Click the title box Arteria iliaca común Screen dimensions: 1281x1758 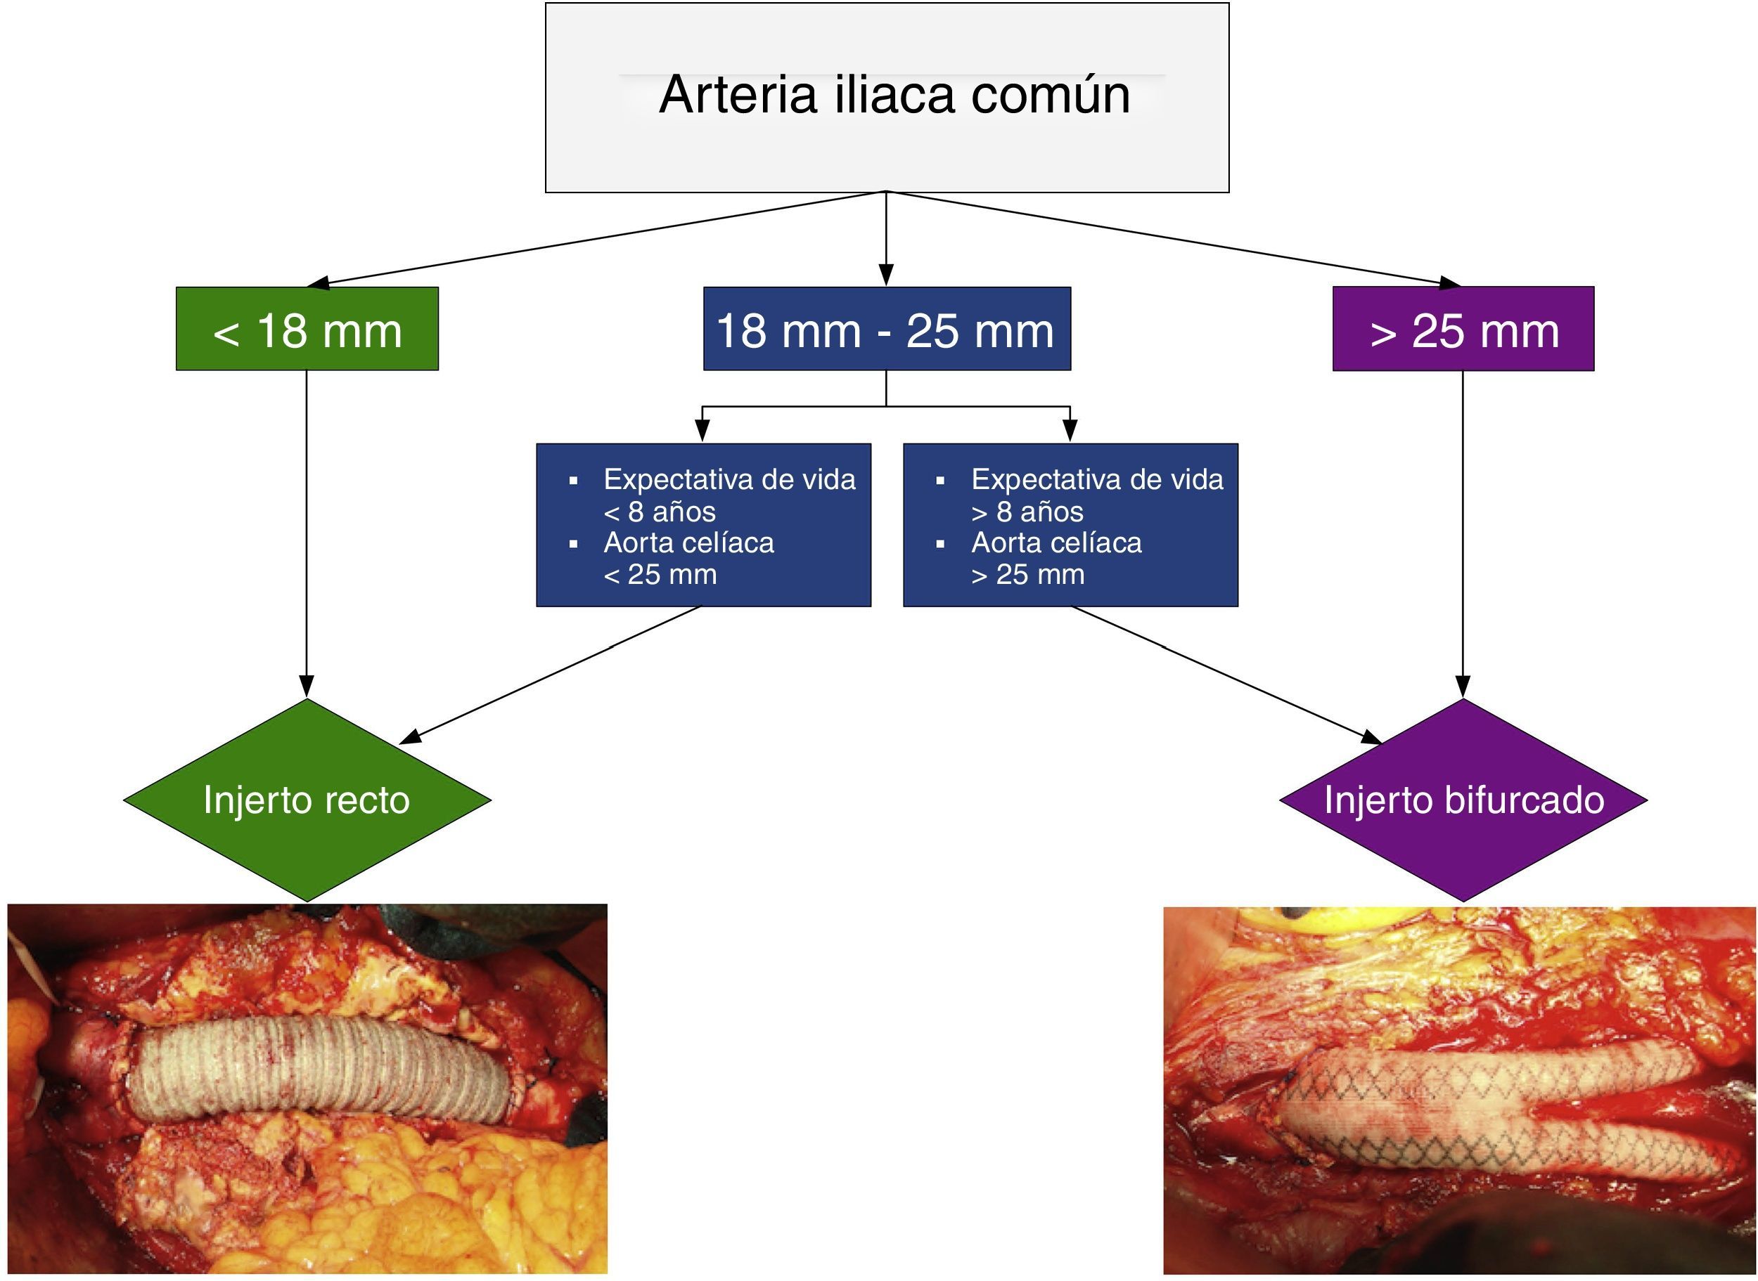(x=887, y=98)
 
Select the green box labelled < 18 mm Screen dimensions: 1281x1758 (x=307, y=329)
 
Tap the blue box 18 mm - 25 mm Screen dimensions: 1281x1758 (x=887, y=329)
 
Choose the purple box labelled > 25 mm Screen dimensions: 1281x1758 (x=1463, y=329)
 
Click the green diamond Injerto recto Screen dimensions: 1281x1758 (x=307, y=800)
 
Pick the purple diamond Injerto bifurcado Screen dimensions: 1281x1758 (x=1463, y=800)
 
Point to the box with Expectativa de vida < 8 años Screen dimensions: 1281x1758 (x=704, y=525)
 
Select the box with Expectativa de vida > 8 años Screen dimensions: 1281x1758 (x=1071, y=525)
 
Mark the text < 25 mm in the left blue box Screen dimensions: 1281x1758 (x=660, y=575)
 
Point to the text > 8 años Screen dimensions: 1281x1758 (x=1027, y=512)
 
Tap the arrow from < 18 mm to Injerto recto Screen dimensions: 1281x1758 (x=307, y=535)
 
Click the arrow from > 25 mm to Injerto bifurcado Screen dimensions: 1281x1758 (x=1463, y=535)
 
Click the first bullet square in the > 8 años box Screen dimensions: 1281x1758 (x=940, y=481)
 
